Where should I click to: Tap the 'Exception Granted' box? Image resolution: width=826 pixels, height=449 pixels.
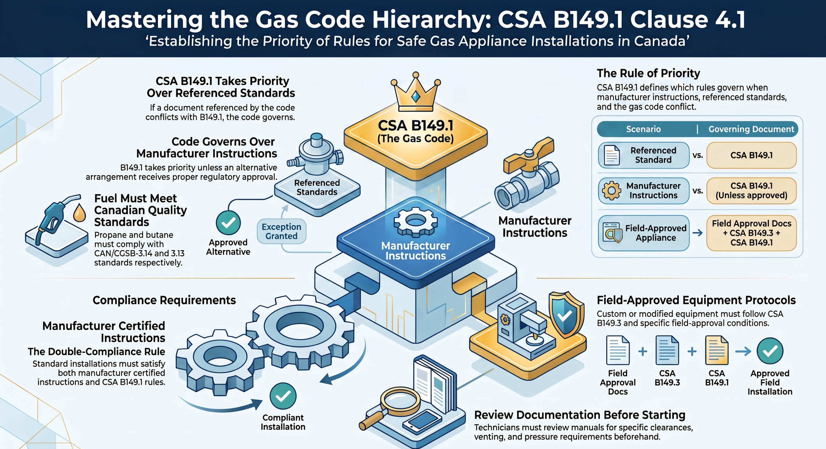pos(281,231)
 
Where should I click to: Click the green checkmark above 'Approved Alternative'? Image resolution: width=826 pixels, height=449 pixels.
pos(228,223)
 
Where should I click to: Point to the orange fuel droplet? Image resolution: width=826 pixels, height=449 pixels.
pos(79,213)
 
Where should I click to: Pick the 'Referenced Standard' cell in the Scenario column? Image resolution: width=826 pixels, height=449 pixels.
pos(644,155)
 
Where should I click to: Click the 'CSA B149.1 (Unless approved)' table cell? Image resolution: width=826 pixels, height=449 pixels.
pos(751,191)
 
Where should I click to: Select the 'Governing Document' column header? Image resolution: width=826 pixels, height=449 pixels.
pos(751,129)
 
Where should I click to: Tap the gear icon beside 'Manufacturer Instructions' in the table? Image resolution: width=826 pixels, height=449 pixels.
pos(611,191)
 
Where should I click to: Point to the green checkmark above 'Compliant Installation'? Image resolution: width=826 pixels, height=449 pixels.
pos(283,396)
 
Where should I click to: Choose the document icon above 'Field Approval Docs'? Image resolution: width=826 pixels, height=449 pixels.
pos(618,350)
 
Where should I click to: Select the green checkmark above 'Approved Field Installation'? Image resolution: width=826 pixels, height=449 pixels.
pos(770,351)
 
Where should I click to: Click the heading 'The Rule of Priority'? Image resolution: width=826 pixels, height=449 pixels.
pos(648,73)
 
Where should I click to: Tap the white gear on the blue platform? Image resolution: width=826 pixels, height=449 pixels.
pos(416,222)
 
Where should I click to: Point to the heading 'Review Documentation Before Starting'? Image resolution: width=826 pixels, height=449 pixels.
pos(579,415)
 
